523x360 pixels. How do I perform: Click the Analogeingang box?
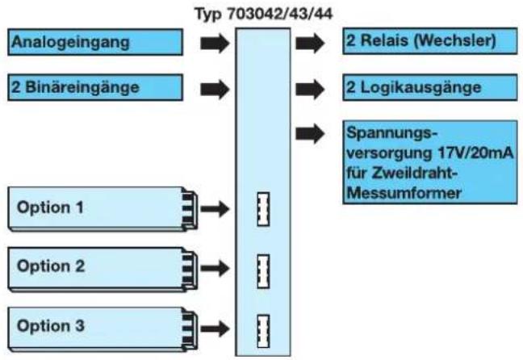(x=95, y=42)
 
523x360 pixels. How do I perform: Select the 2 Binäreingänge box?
(x=95, y=87)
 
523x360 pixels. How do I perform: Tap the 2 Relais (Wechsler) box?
(x=430, y=41)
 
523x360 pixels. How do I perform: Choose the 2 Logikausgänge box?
(x=430, y=87)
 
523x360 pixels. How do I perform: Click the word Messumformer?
(x=404, y=193)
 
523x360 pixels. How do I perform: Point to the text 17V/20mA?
(x=475, y=153)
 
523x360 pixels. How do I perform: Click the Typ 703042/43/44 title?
(x=263, y=14)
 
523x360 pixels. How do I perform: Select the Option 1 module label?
(x=50, y=207)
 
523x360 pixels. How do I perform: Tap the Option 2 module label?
(x=51, y=266)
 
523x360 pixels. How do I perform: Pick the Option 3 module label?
(x=51, y=325)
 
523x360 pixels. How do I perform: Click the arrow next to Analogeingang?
(x=215, y=43)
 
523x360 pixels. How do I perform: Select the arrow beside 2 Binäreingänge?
(x=215, y=89)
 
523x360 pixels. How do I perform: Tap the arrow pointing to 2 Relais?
(x=310, y=43)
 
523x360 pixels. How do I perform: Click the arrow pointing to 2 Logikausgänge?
(x=310, y=89)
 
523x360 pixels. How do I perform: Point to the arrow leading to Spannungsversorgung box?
(x=310, y=134)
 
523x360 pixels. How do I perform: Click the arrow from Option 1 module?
(x=215, y=209)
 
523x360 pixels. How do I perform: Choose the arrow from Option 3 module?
(x=215, y=329)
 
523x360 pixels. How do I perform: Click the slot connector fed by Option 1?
(x=263, y=209)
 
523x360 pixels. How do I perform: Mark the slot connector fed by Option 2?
(x=263, y=271)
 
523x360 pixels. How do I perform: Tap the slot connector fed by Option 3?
(x=263, y=331)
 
